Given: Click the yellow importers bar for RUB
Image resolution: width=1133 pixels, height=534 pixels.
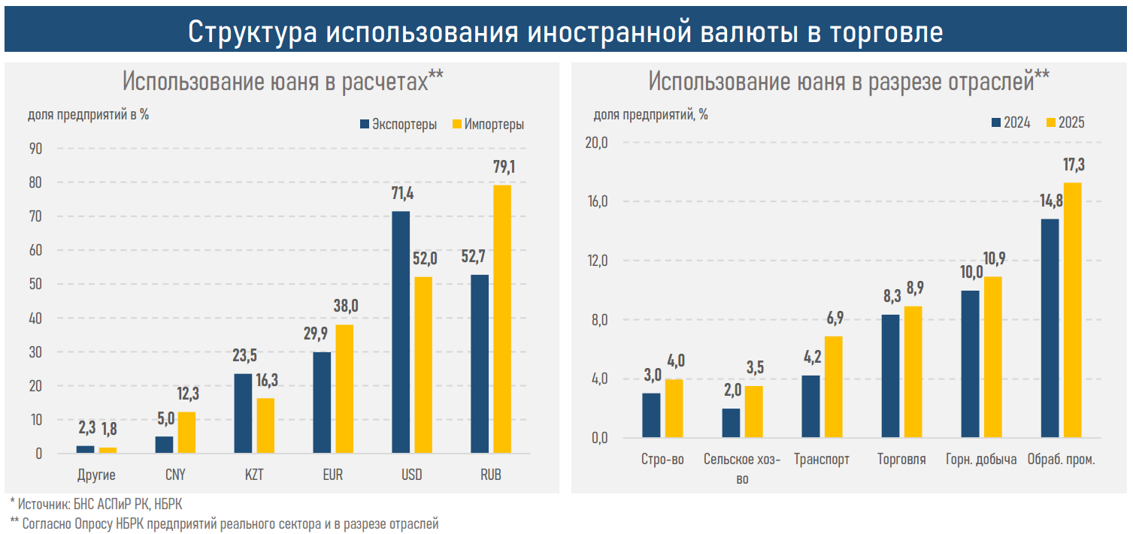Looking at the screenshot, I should [x=502, y=319].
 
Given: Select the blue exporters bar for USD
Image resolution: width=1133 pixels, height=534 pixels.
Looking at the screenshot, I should [x=401, y=332].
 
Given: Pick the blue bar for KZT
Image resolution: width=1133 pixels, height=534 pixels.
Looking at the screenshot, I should [x=243, y=413].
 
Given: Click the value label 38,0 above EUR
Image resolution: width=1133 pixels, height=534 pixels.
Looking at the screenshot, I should [x=347, y=306].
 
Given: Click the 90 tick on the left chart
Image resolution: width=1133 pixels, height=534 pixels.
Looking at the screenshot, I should [x=35, y=149].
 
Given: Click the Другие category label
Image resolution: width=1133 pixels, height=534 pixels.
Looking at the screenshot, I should [x=96, y=475].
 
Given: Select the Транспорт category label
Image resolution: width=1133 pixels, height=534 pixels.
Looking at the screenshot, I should [x=822, y=460].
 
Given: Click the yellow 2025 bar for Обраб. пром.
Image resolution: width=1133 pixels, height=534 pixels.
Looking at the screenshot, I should [x=1073, y=309].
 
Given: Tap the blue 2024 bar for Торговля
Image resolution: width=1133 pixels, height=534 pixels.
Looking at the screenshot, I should [x=890, y=376].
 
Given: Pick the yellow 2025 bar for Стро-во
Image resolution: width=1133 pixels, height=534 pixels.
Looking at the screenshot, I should [x=674, y=408].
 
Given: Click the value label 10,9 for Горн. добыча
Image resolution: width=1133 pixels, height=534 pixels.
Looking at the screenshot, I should [x=993, y=259].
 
